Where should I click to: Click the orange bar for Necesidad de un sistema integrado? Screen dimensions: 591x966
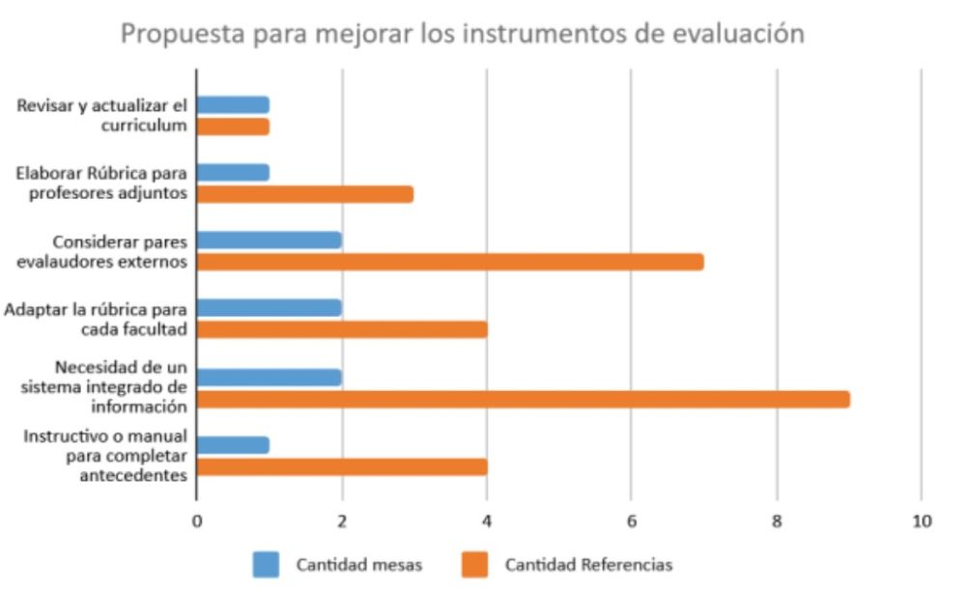(523, 399)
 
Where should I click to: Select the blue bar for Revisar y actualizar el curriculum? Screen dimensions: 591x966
(233, 104)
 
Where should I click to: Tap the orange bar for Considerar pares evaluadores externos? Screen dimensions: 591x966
(450, 262)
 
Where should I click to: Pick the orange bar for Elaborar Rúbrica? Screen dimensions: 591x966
(305, 194)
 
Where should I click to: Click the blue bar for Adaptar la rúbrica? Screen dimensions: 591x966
(270, 308)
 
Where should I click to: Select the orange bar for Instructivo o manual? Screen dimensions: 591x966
(342, 466)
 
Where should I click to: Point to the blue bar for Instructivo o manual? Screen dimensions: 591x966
(233, 444)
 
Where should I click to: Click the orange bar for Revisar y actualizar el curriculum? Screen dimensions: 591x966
(233, 127)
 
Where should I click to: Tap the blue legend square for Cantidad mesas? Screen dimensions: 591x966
(266, 564)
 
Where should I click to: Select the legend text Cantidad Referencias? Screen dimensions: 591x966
(588, 565)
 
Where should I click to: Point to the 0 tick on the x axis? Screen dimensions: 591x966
(197, 521)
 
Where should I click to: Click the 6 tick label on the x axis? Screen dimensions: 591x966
(631, 521)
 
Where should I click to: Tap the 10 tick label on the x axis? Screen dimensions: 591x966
(921, 521)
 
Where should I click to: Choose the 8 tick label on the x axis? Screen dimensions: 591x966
(776, 521)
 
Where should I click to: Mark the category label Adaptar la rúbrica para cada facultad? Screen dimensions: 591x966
(96, 319)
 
